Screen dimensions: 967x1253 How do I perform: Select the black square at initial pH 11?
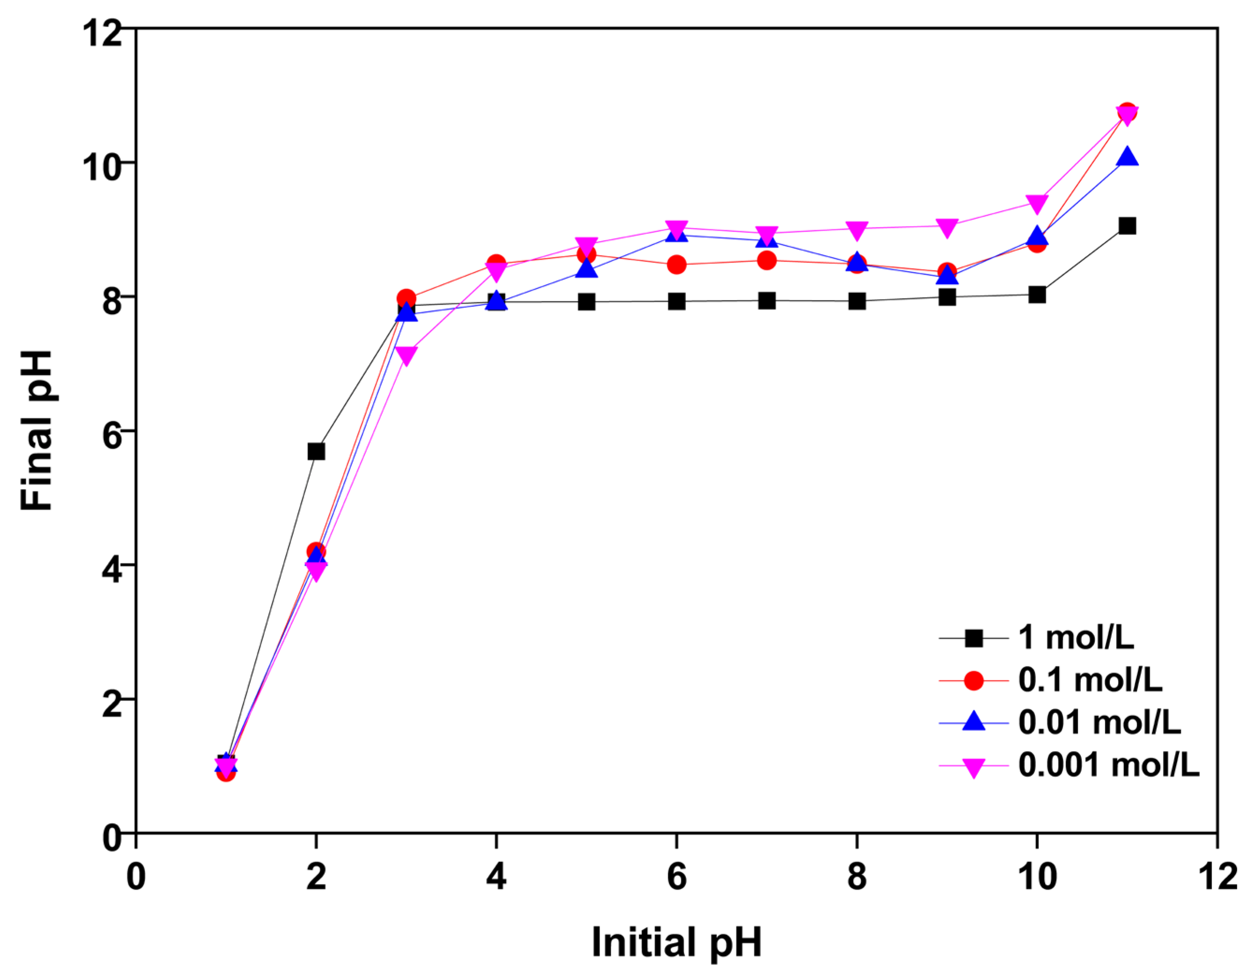coord(1127,226)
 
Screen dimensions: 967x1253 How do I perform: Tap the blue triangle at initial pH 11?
coord(1127,156)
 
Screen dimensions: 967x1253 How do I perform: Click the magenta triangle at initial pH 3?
coord(406,356)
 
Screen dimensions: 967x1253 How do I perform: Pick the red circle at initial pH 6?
coord(677,264)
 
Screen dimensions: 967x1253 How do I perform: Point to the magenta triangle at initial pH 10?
coord(1037,203)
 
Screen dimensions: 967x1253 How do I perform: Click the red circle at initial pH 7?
coord(766,261)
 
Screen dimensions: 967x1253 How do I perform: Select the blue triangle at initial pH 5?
coord(586,269)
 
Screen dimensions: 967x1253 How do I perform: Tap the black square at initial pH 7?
coord(766,300)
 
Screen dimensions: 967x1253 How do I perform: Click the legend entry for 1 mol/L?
coord(1076,637)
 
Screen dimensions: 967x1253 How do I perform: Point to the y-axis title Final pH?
coord(36,431)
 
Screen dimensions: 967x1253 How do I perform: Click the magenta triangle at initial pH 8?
coord(857,231)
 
